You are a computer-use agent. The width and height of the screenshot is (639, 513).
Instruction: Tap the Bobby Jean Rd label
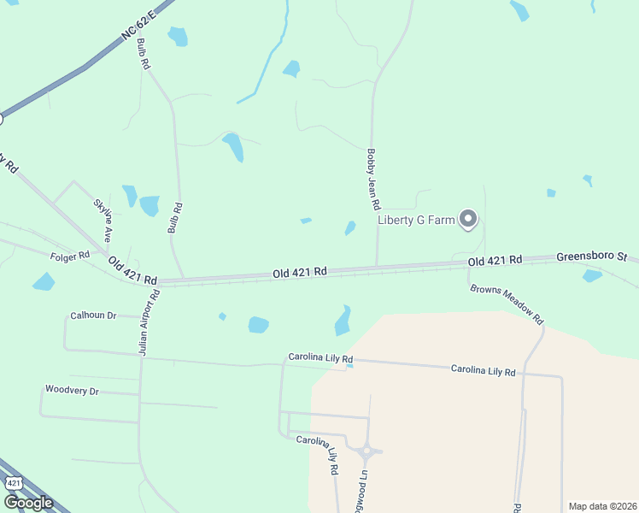tap(372, 180)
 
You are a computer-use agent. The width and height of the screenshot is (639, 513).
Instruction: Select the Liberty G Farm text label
tap(416, 221)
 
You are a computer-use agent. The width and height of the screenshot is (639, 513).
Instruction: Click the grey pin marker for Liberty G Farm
tap(467, 220)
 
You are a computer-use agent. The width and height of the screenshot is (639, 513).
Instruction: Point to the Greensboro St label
tap(592, 256)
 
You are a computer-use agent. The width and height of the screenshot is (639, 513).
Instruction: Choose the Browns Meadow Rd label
tap(507, 303)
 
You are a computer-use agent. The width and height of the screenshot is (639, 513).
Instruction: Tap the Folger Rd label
tap(71, 256)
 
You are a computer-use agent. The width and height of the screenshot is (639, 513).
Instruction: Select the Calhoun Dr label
tap(93, 315)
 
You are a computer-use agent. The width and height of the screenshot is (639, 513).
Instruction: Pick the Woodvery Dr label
tap(72, 391)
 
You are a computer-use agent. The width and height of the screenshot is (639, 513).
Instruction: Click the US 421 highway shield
tap(13, 483)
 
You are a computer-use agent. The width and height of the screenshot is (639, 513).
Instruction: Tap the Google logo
tap(27, 502)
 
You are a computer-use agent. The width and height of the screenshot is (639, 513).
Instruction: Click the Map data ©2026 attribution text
tap(602, 506)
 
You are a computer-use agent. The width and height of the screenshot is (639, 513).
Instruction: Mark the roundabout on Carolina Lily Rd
tap(369, 451)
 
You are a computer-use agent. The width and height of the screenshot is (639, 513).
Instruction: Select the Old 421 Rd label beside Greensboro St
tap(495, 261)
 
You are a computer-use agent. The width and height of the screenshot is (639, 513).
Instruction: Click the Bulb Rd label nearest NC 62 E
tap(143, 53)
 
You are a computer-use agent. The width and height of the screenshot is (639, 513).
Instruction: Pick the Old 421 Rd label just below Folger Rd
tap(132, 273)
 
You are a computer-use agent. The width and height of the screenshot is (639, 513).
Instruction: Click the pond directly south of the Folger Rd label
tap(44, 281)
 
